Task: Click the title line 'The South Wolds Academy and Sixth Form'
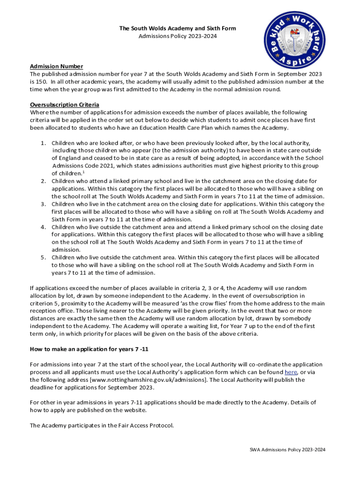point(178,29)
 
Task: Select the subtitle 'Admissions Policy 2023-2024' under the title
point(178,36)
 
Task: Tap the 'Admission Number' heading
point(57,66)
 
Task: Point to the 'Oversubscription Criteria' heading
point(65,104)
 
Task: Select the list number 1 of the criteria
point(43,143)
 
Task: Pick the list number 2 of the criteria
point(43,181)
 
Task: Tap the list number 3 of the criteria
point(43,204)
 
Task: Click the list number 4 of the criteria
point(43,227)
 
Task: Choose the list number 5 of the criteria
point(43,257)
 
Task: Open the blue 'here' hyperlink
point(290,372)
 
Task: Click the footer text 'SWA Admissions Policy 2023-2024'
point(287,450)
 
